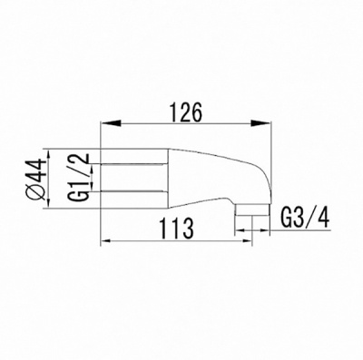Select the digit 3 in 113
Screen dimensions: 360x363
[x=185, y=230]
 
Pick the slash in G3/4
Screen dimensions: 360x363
[x=309, y=219]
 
